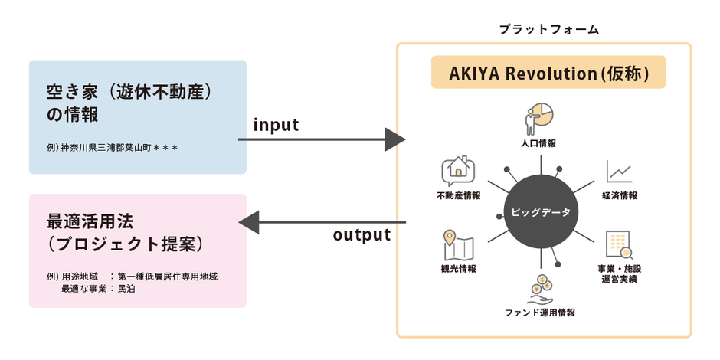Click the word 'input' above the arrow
276,124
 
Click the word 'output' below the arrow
362,235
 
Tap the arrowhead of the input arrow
394,139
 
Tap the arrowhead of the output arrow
250,223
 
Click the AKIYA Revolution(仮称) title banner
548,74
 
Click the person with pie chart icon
538,117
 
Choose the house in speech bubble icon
458,172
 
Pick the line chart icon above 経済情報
619,172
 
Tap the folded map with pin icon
458,245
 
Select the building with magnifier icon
619,244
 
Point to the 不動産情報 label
459,196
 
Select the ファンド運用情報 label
540,313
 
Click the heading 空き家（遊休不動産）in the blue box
128,93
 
